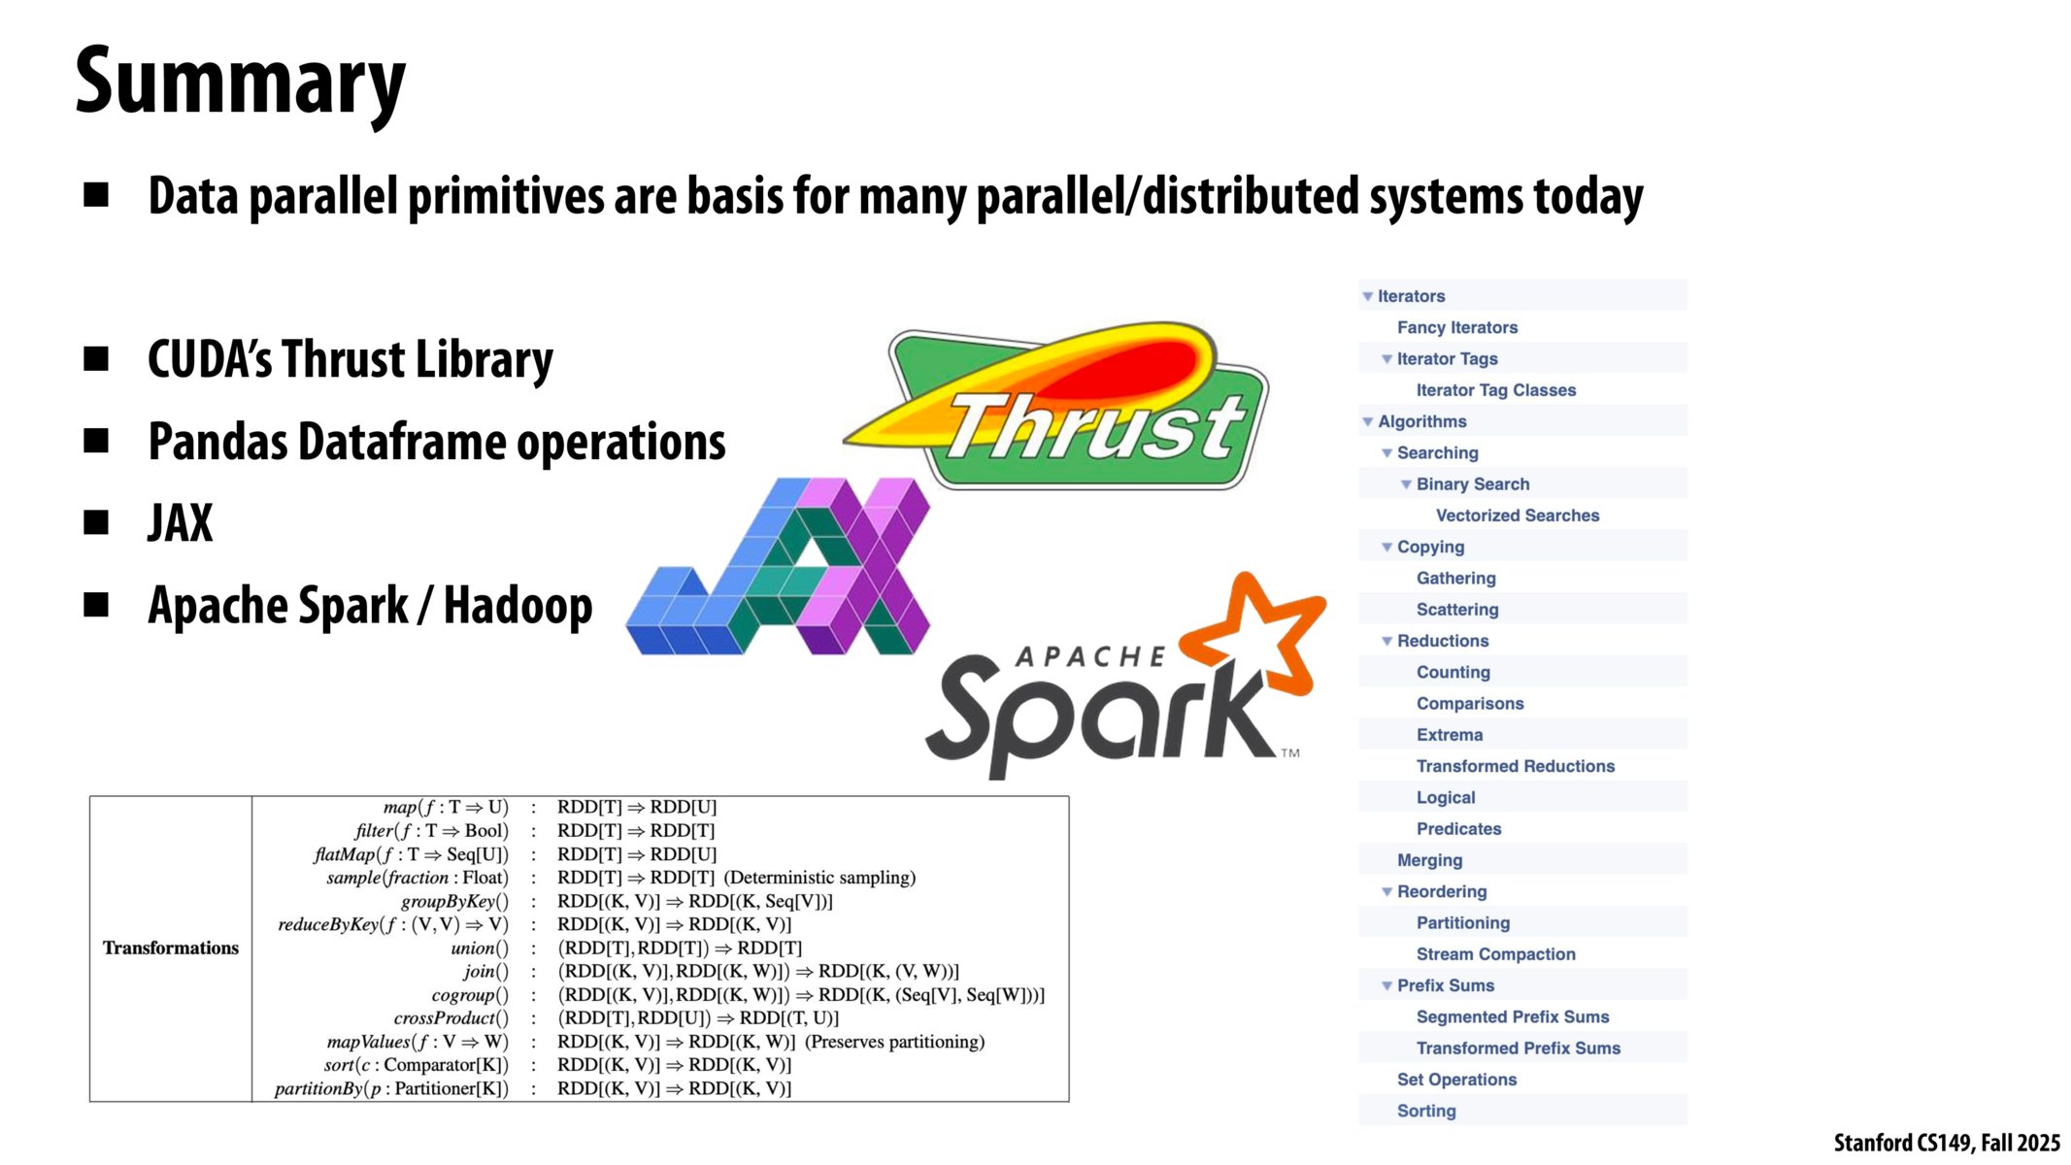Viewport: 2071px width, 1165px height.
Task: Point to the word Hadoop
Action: point(518,606)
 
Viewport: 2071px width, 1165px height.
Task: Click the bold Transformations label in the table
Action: point(171,948)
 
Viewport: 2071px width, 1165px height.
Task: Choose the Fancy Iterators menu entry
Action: point(1456,328)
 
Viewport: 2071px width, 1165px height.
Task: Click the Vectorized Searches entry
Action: point(1517,516)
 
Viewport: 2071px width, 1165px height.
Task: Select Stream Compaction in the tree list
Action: point(1495,954)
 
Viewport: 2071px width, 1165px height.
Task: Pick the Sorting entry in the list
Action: point(1426,1111)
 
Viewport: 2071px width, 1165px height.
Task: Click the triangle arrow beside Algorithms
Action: point(1368,422)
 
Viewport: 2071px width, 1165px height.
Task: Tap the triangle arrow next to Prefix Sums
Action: point(1387,986)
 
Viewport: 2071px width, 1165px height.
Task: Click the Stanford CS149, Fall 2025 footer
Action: point(1946,1143)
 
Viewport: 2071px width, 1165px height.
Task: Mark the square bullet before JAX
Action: point(96,522)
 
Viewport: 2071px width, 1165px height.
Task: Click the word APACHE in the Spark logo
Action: point(1089,657)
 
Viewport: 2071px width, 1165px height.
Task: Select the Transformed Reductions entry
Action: point(1515,766)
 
